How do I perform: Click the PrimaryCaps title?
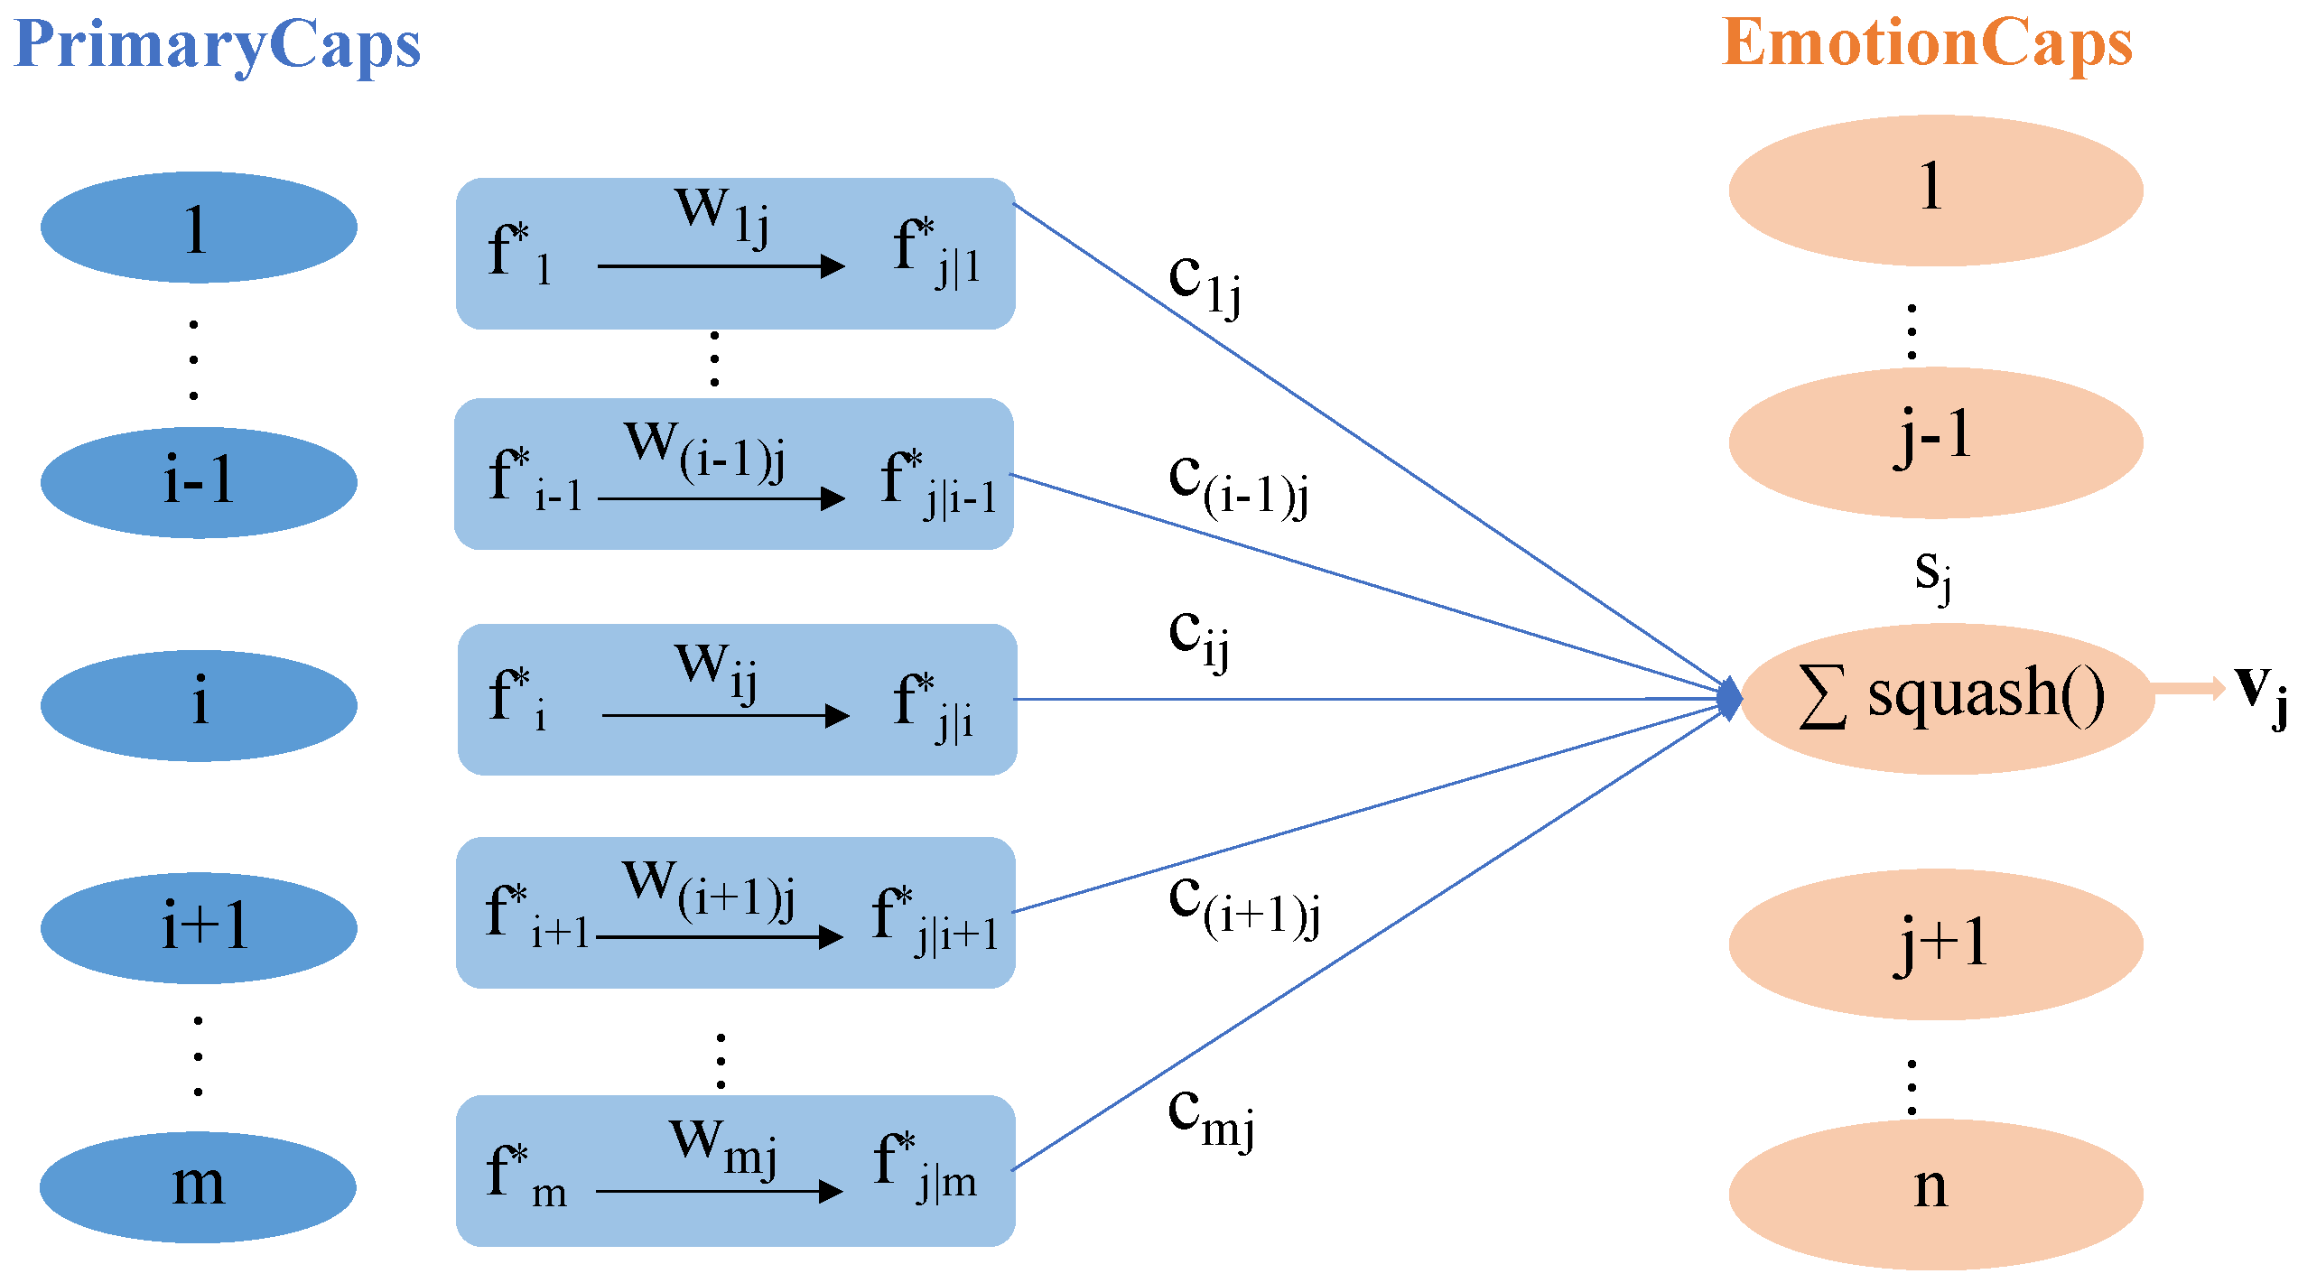point(217,45)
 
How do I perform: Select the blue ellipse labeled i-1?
point(199,482)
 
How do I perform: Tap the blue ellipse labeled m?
point(199,1186)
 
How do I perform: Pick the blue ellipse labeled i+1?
point(199,927)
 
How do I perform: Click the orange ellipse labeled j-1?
point(1935,442)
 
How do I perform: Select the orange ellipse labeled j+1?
point(1935,944)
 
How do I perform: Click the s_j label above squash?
point(1933,575)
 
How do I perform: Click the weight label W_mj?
point(722,1147)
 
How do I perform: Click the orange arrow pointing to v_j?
point(2190,689)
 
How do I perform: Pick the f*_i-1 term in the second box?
point(533,479)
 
